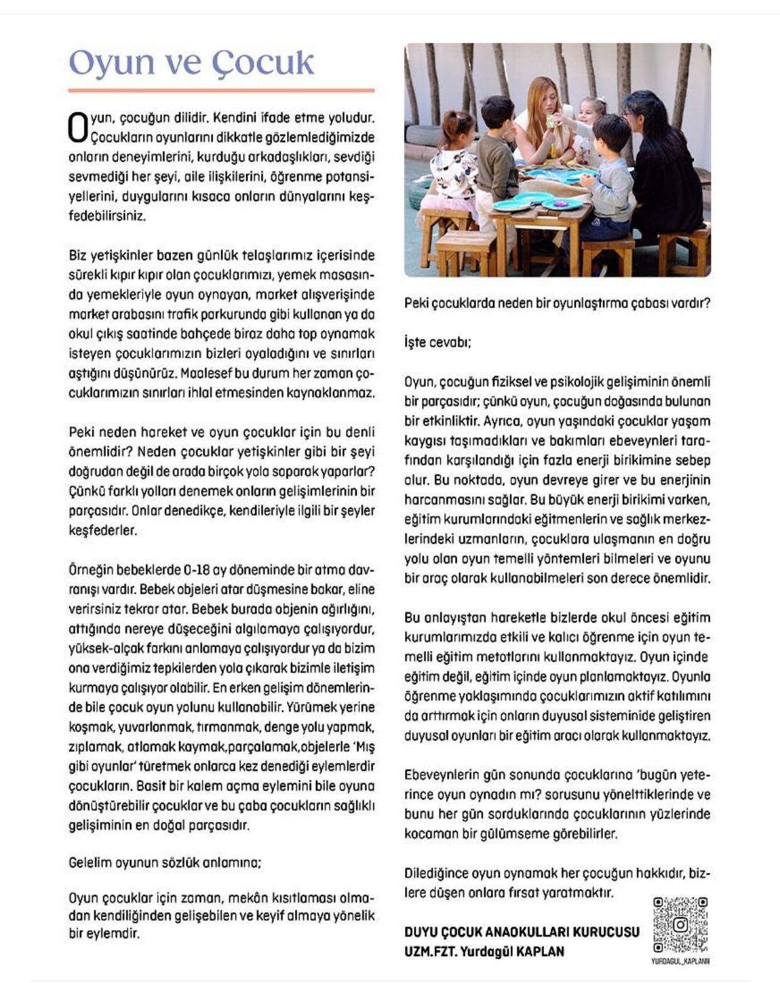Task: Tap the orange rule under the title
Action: [x=221, y=90]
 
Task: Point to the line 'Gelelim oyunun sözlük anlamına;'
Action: [x=165, y=862]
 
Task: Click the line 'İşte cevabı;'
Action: [x=438, y=342]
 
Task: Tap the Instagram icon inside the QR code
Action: [x=680, y=925]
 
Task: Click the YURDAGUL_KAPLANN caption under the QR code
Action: [x=680, y=961]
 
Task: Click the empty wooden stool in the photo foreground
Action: [x=465, y=248]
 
